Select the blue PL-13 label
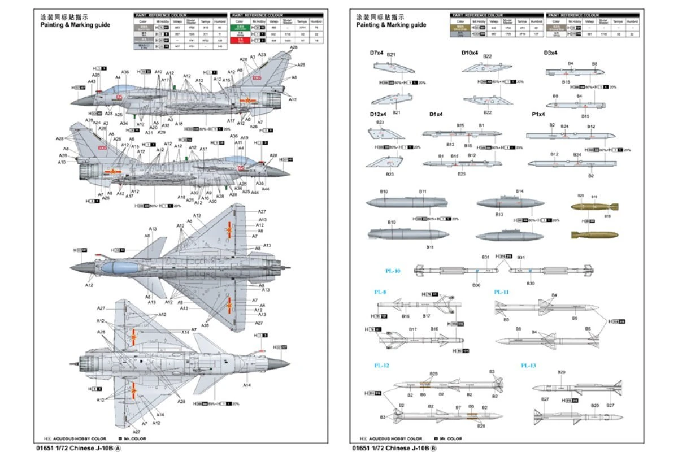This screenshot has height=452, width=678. click(528, 366)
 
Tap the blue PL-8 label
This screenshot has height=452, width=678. click(380, 292)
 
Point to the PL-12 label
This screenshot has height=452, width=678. click(381, 366)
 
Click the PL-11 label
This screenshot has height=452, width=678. click(502, 292)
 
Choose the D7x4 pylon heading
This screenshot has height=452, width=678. click(377, 53)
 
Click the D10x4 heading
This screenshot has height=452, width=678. click(470, 53)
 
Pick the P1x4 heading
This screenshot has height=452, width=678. click(538, 114)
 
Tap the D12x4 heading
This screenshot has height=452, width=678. click(378, 114)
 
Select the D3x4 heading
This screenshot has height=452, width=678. click(551, 53)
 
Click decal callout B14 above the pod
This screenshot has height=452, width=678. click(519, 191)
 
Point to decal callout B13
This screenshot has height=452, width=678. click(499, 215)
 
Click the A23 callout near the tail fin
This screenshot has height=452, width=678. click(262, 55)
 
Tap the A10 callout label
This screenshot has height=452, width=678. click(62, 162)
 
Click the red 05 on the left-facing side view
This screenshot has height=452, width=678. click(119, 97)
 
